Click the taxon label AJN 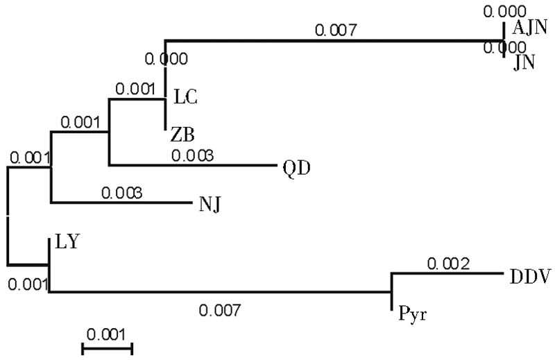[530, 28]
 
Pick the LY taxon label [66, 243]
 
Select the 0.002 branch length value [448, 264]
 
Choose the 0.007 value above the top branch [336, 30]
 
